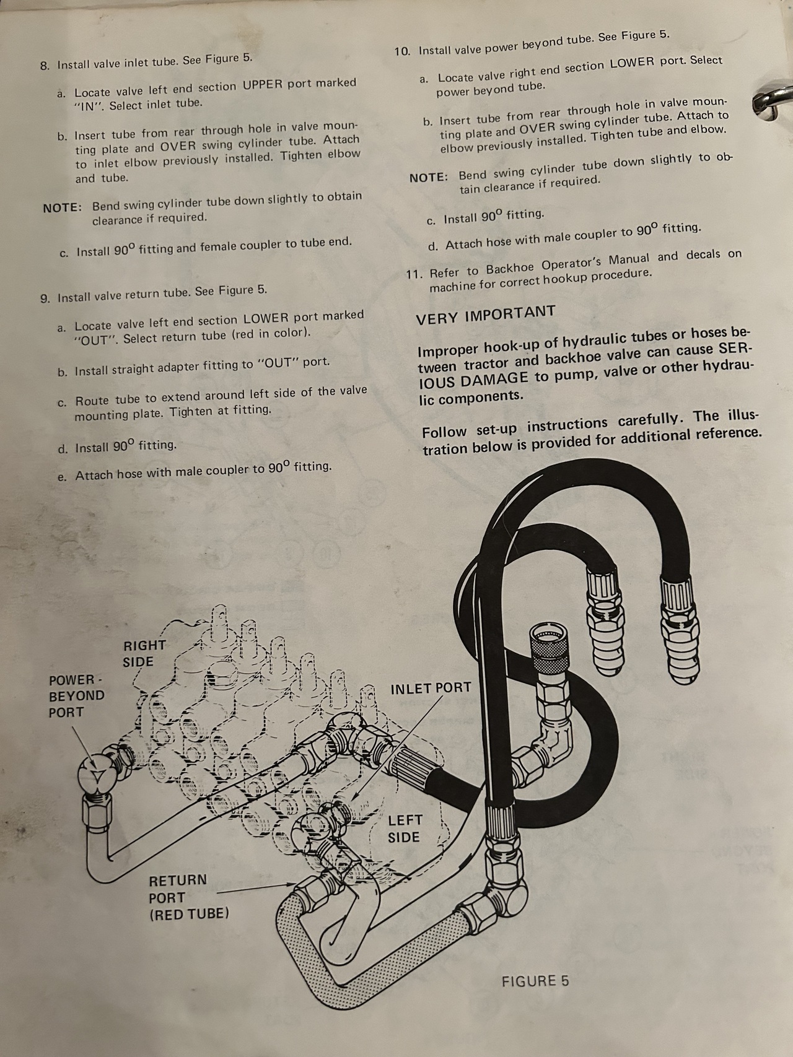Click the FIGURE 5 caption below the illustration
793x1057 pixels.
click(535, 981)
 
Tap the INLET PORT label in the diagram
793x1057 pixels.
click(431, 688)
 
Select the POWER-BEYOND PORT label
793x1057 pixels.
click(76, 696)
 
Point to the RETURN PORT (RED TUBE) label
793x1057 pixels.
click(188, 897)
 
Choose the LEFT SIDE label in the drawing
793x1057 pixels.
click(405, 829)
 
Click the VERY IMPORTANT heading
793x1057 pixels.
click(485, 315)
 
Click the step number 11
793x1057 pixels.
click(414, 273)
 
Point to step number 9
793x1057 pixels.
click(45, 298)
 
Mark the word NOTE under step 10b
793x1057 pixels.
click(429, 177)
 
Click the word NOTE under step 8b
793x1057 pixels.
click(63, 207)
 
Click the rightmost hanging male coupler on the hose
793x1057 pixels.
click(680, 638)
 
